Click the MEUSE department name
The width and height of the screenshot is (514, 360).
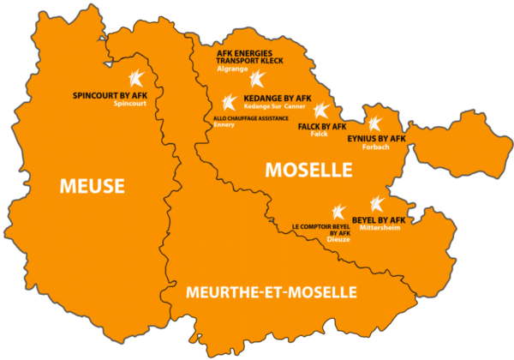pyautogui.click(x=92, y=185)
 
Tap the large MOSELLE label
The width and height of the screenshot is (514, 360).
pyautogui.click(x=308, y=169)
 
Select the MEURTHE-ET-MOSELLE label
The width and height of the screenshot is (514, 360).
pyautogui.click(x=272, y=292)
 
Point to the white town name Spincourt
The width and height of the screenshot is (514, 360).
pyautogui.click(x=129, y=104)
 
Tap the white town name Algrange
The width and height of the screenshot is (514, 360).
pyautogui.click(x=232, y=69)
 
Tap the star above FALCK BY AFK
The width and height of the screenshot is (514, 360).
pyautogui.click(x=321, y=111)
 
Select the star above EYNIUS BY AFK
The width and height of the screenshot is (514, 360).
pyautogui.click(x=374, y=122)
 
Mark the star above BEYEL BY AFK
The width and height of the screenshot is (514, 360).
pyautogui.click(x=376, y=204)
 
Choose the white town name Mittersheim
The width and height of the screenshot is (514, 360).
pyautogui.click(x=380, y=229)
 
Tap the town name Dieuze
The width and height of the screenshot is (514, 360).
pyautogui.click(x=339, y=241)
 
